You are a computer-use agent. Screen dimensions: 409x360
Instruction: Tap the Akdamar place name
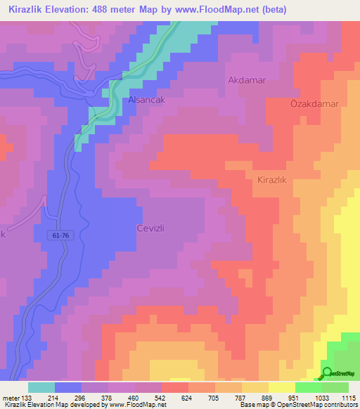click(x=247, y=80)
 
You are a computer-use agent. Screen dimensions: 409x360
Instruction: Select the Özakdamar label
click(x=314, y=103)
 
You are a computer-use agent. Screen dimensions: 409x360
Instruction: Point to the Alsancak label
click(x=146, y=100)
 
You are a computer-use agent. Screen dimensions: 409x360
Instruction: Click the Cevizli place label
click(x=150, y=228)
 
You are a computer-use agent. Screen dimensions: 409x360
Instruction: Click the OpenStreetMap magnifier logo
click(x=327, y=372)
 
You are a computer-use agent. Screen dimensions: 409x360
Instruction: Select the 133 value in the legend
click(x=27, y=397)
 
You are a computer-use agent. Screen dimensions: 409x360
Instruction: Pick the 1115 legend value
click(x=348, y=397)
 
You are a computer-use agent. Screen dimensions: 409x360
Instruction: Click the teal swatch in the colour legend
click(x=41, y=387)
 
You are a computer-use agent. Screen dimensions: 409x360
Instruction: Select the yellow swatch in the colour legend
click(x=282, y=387)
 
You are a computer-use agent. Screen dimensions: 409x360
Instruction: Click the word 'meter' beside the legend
click(x=11, y=397)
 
